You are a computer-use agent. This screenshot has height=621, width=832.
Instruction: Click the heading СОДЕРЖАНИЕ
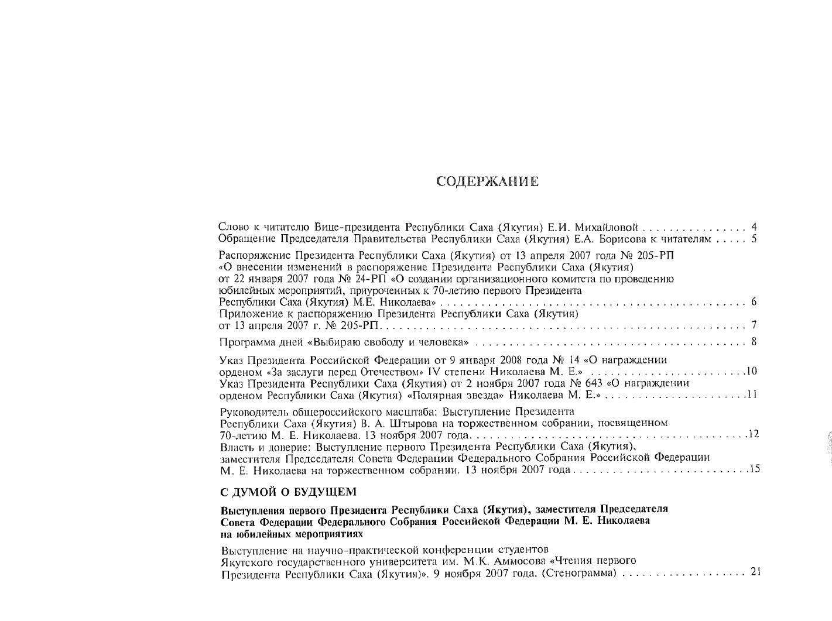click(x=488, y=181)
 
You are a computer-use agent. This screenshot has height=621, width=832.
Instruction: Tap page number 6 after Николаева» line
click(x=754, y=302)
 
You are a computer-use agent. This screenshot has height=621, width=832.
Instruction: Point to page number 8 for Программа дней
click(x=754, y=341)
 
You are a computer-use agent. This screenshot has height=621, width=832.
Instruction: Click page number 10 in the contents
click(x=752, y=372)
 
